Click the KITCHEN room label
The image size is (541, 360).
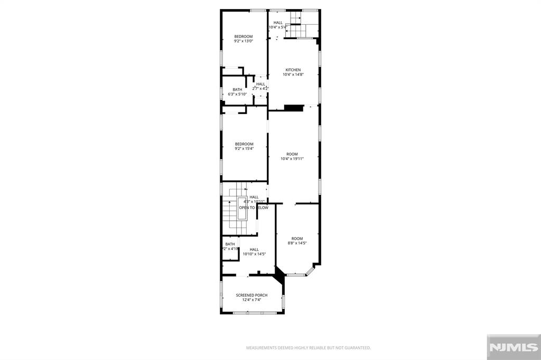coord(293,70)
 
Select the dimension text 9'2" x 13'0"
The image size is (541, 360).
coord(244,41)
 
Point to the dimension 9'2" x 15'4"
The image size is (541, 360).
coord(244,149)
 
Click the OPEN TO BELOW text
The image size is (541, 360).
coord(254,207)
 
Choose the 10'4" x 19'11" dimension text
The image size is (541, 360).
coord(292,159)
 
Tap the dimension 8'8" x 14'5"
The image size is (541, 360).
coord(297,243)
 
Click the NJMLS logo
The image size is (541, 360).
coord(512,347)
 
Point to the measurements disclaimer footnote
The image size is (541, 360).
coord(309,348)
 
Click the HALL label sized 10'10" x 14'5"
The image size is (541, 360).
coord(254,249)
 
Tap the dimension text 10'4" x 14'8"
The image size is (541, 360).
coord(293,74)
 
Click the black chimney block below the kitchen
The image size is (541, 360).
coord(292,108)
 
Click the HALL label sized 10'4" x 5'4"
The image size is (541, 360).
coord(278,22)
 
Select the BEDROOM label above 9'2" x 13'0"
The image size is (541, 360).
coord(244,36)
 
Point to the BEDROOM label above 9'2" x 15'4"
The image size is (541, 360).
coord(244,144)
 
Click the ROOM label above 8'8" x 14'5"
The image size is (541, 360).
coord(297,239)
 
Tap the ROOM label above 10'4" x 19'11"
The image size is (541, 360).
coord(292,154)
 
